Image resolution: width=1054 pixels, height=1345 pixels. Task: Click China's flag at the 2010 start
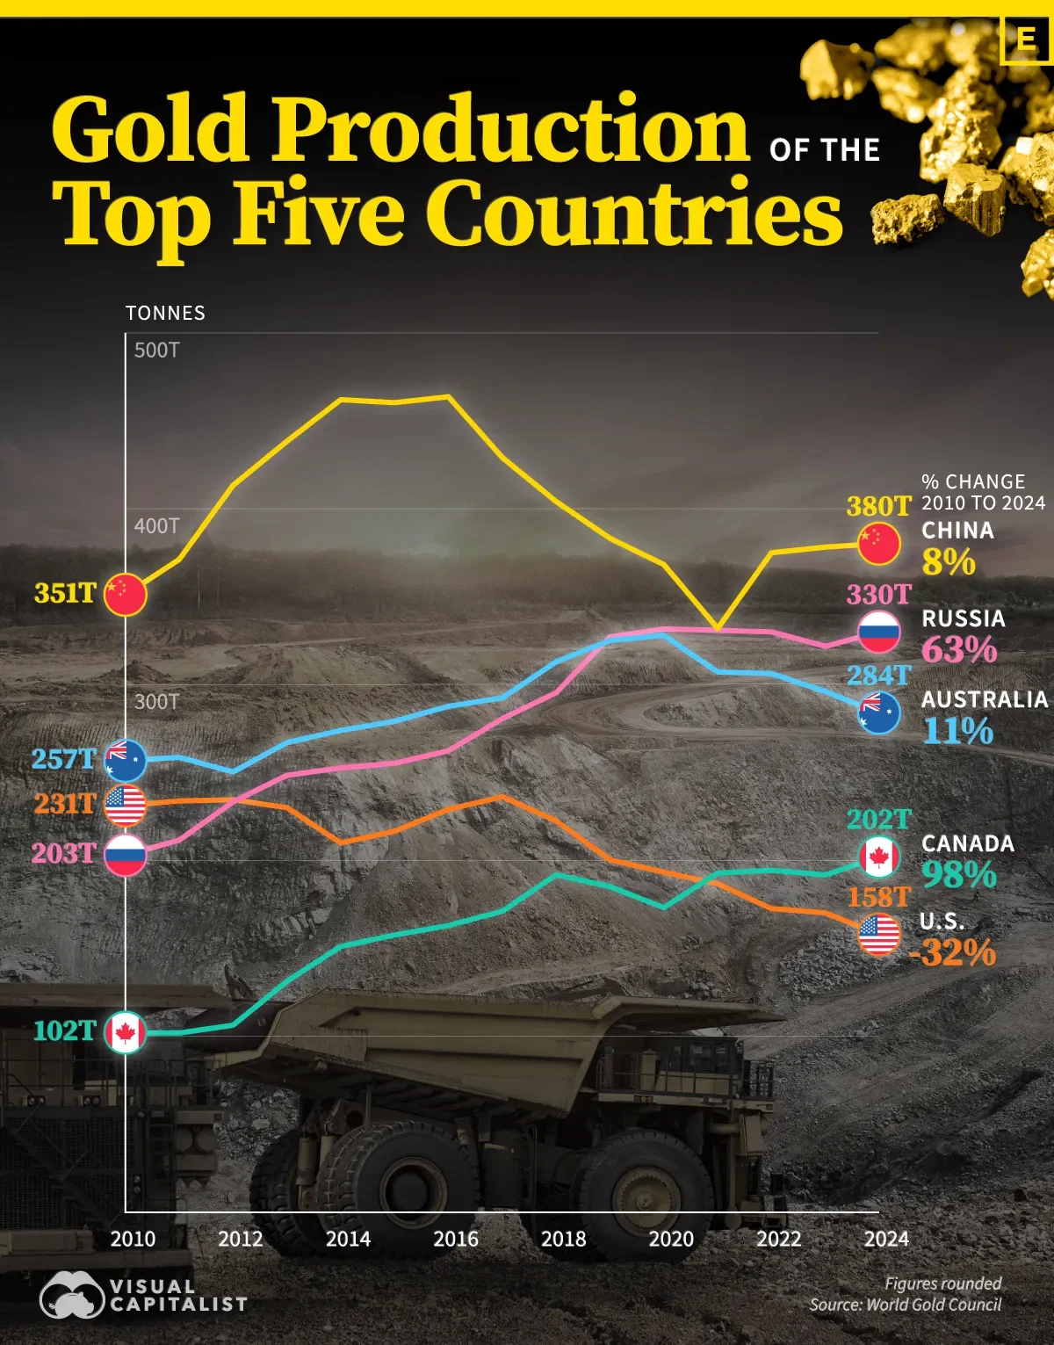pos(125,595)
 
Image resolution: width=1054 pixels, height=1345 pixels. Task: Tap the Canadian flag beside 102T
pos(125,1032)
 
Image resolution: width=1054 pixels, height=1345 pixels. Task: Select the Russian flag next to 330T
pos(879,632)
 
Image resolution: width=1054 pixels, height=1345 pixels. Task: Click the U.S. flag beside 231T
pos(125,805)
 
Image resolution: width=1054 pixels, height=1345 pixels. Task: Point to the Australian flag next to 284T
pos(879,712)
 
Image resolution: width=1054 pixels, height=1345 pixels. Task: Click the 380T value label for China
pos(878,506)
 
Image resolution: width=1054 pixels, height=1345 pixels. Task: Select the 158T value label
pos(878,897)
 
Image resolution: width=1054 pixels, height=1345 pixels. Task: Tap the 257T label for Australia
pos(63,758)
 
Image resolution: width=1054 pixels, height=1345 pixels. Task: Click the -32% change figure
pos(953,952)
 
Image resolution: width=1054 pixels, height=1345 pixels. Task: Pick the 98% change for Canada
pos(959,874)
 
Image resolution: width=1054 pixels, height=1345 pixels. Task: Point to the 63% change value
pos(959,650)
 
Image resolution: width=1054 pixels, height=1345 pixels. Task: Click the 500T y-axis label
pos(156,351)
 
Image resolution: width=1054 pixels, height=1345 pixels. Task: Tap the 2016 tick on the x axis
pos(456,1239)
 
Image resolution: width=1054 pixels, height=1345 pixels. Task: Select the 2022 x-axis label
pos(779,1239)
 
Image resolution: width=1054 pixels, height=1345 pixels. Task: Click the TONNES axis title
pos(165,314)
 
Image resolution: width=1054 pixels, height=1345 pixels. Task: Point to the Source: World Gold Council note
pos(905,1305)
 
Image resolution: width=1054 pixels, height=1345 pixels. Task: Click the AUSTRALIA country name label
pos(985,699)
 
